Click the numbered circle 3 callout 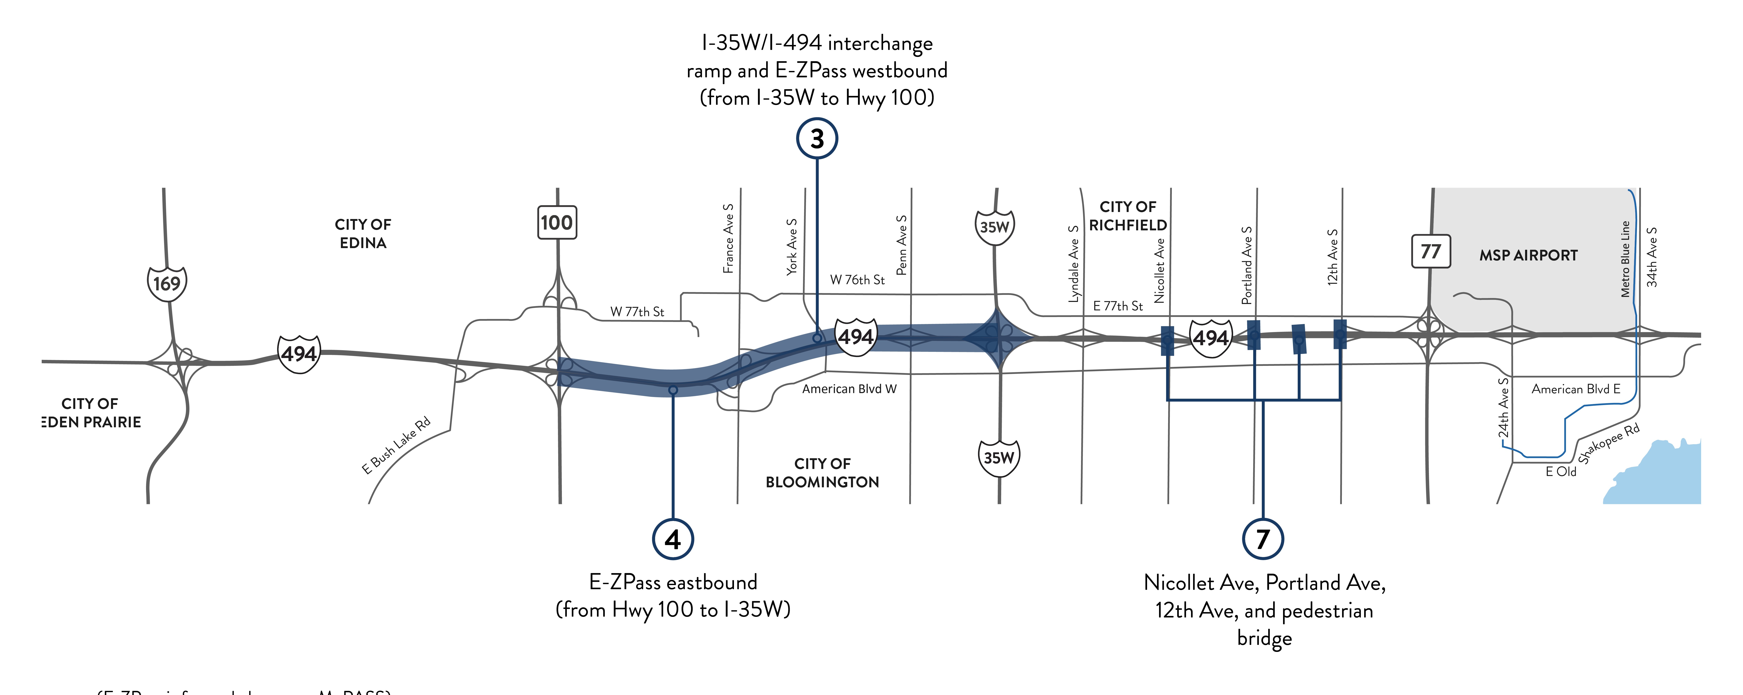[x=817, y=139]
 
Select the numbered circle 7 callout [x=1263, y=539]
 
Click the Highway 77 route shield [x=1430, y=251]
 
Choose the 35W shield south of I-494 [x=999, y=458]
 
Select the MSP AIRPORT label [x=1528, y=256]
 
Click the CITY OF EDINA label [x=363, y=233]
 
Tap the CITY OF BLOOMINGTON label [x=822, y=472]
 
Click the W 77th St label [x=637, y=312]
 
